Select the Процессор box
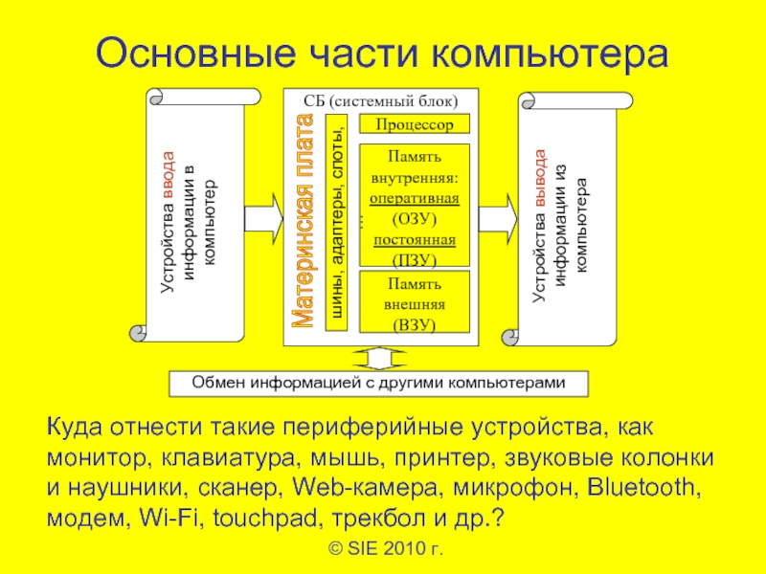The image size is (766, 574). coord(414,124)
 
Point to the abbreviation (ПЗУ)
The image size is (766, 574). coord(414,259)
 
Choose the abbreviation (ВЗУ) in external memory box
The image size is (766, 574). coord(414,324)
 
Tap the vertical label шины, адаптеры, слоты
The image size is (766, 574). coord(336,223)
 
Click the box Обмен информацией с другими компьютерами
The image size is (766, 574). coord(379,383)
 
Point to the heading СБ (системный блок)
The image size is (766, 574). coord(381,100)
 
